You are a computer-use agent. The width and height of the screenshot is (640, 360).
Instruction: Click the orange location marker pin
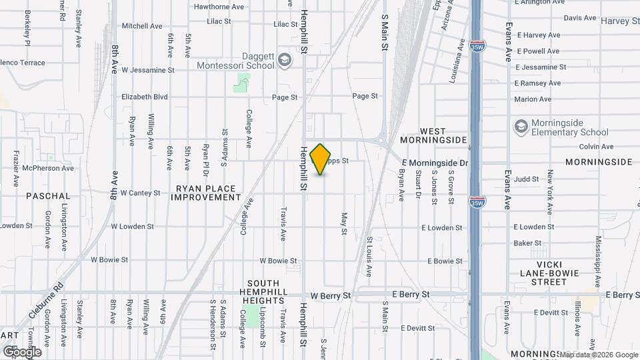pos(321,159)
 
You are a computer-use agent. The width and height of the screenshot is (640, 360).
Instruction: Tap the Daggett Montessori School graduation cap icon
pos(285,61)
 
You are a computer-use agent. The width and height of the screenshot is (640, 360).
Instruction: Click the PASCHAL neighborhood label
pos(48,196)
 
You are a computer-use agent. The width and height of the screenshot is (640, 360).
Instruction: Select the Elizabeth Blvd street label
pos(145,97)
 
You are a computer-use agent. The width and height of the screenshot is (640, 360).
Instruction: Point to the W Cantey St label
pos(140,193)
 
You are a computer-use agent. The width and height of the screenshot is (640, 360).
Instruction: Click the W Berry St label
pos(331,295)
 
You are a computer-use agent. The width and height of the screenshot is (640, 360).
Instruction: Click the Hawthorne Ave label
pos(219,7)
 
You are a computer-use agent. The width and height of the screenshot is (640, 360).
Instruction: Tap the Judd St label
pos(526,179)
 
